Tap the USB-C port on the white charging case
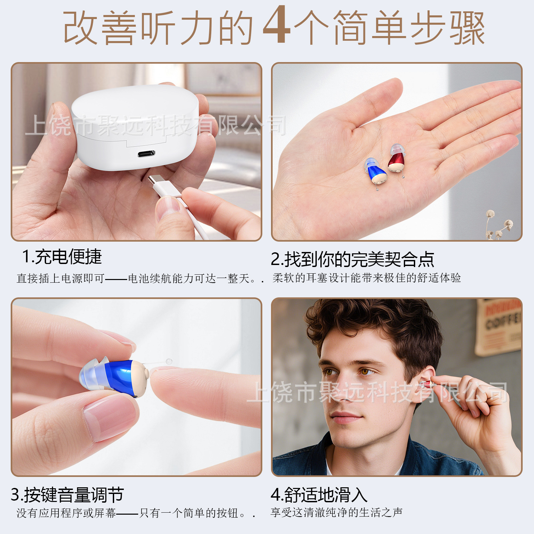click(146, 154)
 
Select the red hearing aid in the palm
click(396, 159)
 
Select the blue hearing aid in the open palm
click(376, 171)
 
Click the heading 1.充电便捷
click(62, 257)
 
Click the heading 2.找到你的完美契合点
click(352, 259)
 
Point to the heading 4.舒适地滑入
click(319, 495)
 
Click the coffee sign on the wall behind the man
click(499, 327)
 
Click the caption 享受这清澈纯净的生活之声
click(336, 512)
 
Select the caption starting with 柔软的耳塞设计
click(366, 278)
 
